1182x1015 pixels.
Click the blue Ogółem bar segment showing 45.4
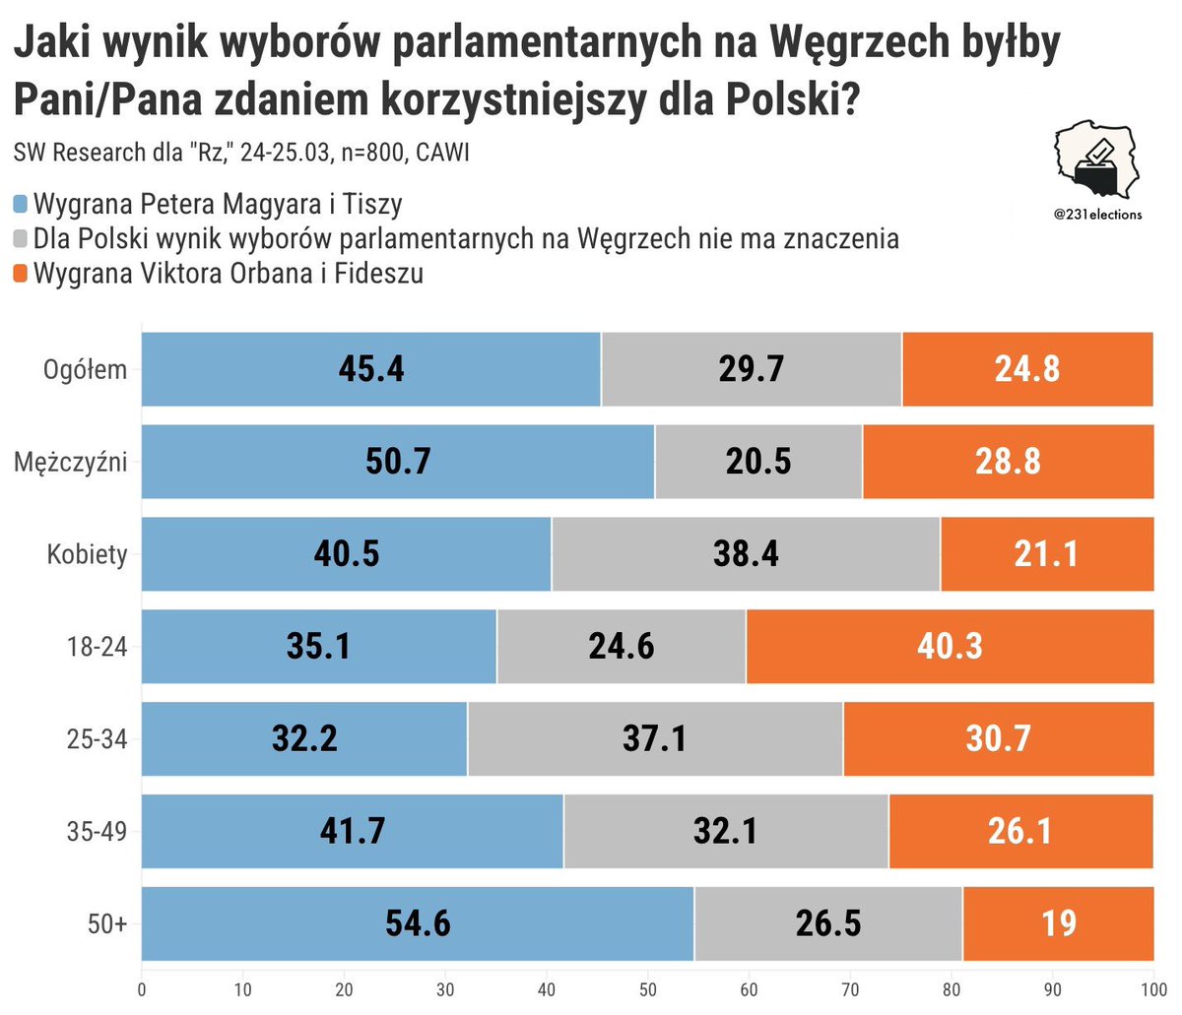371,369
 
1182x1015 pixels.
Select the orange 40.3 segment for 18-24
950,647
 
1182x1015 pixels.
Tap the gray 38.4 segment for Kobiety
746,554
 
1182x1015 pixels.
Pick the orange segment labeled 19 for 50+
1058,923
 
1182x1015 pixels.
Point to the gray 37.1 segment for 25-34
654,738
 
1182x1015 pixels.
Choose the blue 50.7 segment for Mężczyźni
398,462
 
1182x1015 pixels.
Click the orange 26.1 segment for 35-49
1020,831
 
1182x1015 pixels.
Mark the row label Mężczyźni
70,462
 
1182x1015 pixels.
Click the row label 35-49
97,831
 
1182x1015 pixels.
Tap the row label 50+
108,923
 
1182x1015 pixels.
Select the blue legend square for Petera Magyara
21,205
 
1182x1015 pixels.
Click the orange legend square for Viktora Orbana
21,274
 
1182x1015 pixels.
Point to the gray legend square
21,239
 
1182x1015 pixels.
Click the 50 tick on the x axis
648,989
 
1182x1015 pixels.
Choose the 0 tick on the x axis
142,989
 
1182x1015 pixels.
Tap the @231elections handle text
1096,215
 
